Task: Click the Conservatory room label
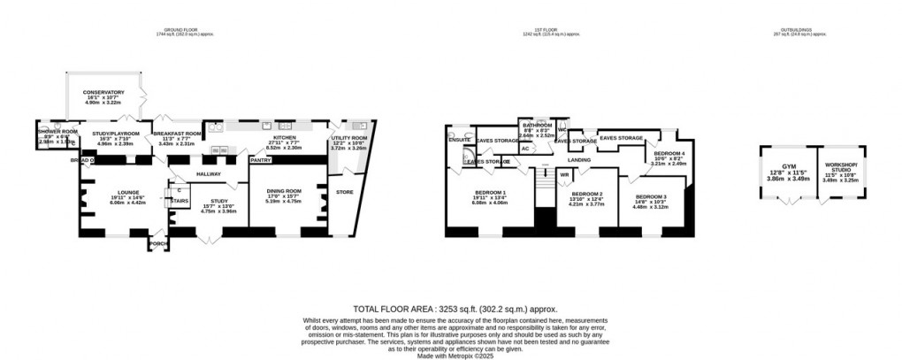pos(103,92)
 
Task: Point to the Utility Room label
pos(348,138)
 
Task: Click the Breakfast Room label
pos(181,133)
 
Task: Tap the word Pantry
pos(260,160)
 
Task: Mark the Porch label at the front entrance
pos(158,243)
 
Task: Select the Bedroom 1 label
pos(491,192)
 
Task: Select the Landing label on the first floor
pos(579,160)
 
